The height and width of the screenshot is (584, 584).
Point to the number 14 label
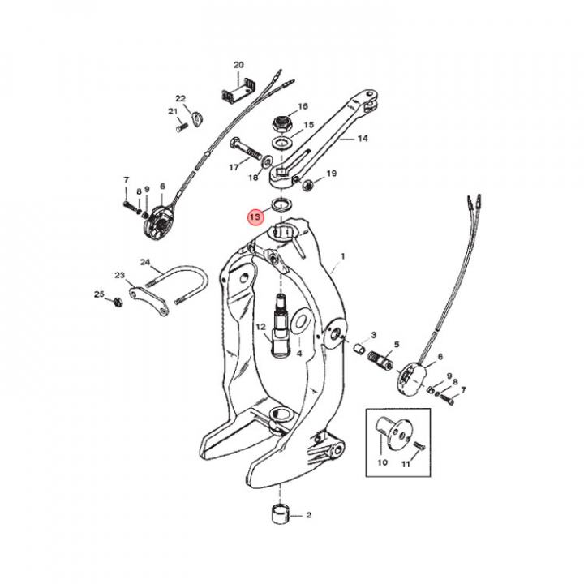click(363, 139)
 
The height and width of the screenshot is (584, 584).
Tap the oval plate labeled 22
click(196, 119)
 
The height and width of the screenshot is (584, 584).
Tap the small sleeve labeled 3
click(359, 350)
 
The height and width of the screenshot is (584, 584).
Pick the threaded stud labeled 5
click(380, 360)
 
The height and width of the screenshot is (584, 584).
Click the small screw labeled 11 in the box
click(419, 444)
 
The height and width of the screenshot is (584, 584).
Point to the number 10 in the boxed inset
click(383, 462)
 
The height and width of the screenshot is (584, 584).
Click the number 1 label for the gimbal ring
click(342, 256)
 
